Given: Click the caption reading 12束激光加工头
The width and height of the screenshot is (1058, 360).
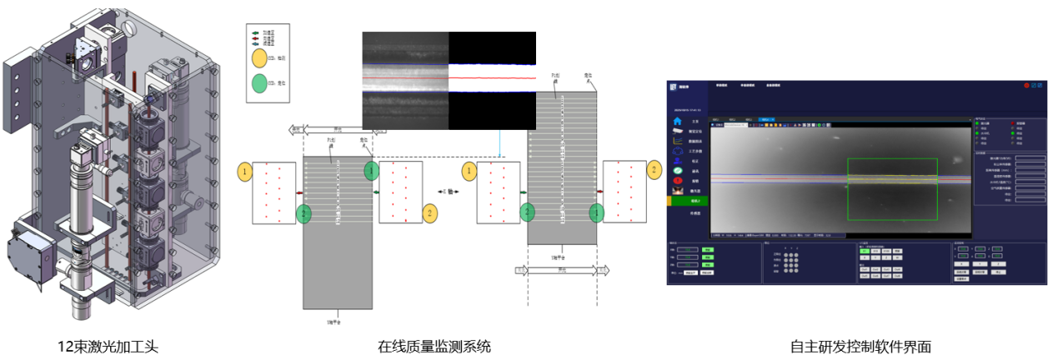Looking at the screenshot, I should (x=107, y=347).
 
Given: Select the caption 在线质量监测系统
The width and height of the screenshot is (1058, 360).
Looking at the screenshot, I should (x=434, y=347).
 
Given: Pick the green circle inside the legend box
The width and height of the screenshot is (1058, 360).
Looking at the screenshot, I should (x=259, y=84).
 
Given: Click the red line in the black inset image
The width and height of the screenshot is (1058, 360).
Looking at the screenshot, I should (x=492, y=79).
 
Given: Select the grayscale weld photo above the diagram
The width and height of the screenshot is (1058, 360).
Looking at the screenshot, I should (x=405, y=80).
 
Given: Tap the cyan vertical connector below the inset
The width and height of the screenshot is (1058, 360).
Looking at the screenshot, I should (x=499, y=143).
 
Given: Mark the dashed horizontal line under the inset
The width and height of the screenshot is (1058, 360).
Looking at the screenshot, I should (x=434, y=157).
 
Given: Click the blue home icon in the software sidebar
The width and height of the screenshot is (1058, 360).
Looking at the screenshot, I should (x=677, y=120).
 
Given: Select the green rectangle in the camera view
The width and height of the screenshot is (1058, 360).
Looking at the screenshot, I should (x=891, y=189).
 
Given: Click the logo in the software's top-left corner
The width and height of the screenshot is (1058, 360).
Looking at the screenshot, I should (x=673, y=87).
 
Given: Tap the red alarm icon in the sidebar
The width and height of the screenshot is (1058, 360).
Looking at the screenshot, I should (x=677, y=180).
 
